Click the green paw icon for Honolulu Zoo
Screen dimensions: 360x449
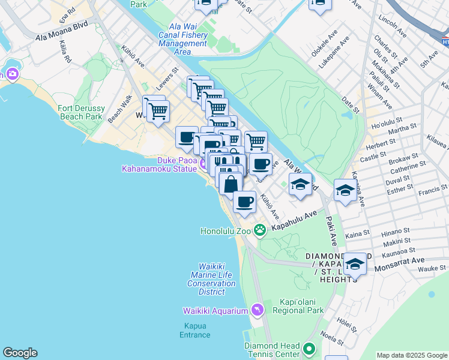pyautogui.click(x=260, y=230)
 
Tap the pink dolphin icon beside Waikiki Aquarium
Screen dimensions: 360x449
pyautogui.click(x=258, y=310)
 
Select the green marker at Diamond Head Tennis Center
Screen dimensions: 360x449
pyautogui.click(x=309, y=349)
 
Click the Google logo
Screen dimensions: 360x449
pyautogui.click(x=20, y=353)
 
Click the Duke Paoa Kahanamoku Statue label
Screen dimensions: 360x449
pyautogui.click(x=160, y=165)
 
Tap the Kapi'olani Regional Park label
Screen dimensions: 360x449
pyautogui.click(x=298, y=306)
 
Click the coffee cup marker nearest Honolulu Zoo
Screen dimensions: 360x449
pyautogui.click(x=244, y=202)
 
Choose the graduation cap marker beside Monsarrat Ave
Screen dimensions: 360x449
pyautogui.click(x=355, y=264)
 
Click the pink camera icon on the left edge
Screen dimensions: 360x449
pyautogui.click(x=12, y=74)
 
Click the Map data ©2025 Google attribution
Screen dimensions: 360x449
pyautogui.click(x=412, y=355)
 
